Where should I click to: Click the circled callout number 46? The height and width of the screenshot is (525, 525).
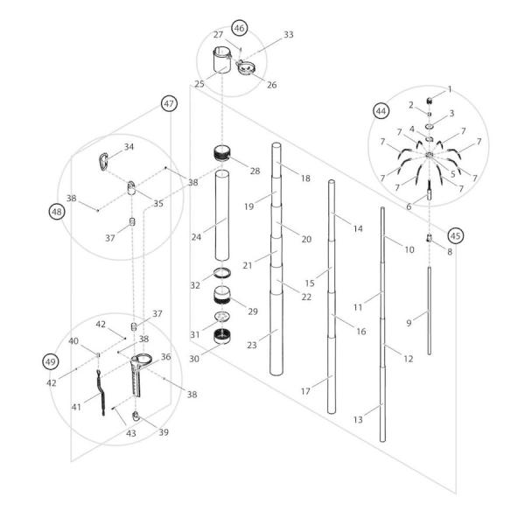(x=239, y=27)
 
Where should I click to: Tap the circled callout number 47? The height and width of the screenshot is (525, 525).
(x=170, y=103)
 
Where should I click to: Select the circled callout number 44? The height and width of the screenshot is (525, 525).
(x=381, y=111)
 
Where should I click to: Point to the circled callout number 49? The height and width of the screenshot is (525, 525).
(x=51, y=360)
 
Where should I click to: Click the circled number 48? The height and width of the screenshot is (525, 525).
(x=57, y=211)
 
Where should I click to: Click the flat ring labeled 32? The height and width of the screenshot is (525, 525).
(x=222, y=274)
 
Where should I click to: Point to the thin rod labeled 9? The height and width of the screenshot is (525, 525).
(x=430, y=311)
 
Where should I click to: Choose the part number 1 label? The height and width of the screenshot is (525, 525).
(x=450, y=88)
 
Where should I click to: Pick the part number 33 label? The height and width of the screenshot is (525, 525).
(x=289, y=36)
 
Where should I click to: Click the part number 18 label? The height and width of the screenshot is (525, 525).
(x=305, y=178)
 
